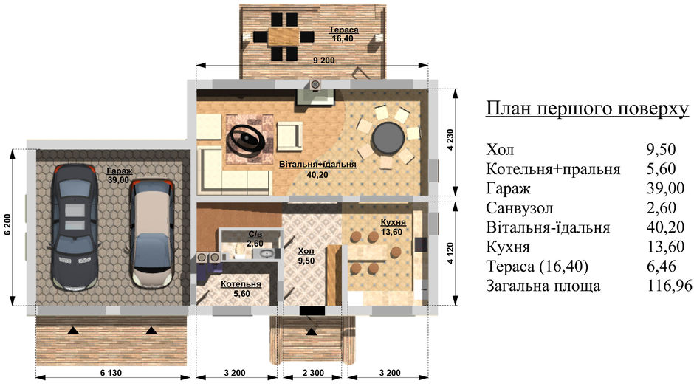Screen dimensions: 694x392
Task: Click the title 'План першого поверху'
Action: tap(588, 109)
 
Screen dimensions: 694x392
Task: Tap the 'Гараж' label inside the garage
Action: tap(120, 171)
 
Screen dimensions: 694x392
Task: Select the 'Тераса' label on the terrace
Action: tap(343, 30)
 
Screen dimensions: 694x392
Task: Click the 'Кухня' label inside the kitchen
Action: tap(394, 222)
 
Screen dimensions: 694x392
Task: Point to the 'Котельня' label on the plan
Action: tap(241, 284)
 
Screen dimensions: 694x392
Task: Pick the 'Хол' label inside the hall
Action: tap(306, 252)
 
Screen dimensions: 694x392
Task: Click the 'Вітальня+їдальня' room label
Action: tap(317, 165)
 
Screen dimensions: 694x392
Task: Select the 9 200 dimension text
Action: tap(324, 61)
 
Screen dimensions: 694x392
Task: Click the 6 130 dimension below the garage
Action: tap(111, 373)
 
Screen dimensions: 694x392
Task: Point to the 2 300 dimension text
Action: tap(313, 373)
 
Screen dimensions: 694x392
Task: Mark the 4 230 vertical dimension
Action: tap(450, 140)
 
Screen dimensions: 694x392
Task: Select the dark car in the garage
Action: tap(75, 227)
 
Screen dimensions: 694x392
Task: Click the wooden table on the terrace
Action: tap(284, 36)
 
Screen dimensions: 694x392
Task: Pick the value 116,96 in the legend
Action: tap(670, 286)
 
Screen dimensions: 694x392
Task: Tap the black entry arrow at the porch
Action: tap(312, 331)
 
